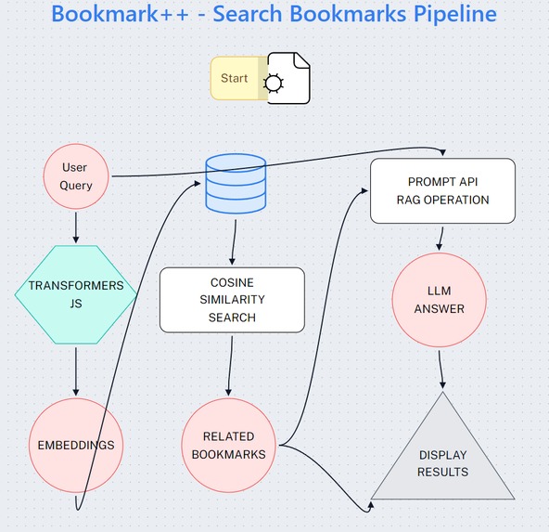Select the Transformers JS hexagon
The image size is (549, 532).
pyautogui.click(x=76, y=293)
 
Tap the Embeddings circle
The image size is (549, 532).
pyautogui.click(x=76, y=445)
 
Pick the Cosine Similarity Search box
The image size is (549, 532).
pyautogui.click(x=232, y=300)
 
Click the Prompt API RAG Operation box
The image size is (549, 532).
pyautogui.click(x=442, y=190)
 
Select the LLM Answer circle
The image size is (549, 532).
pyautogui.click(x=440, y=300)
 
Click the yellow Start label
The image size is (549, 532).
pyautogui.click(x=235, y=78)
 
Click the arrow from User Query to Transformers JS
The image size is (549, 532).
pyautogui.click(x=76, y=227)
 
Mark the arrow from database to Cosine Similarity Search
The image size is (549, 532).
pyautogui.click(x=233, y=244)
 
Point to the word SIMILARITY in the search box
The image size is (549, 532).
pyautogui.click(x=232, y=300)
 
